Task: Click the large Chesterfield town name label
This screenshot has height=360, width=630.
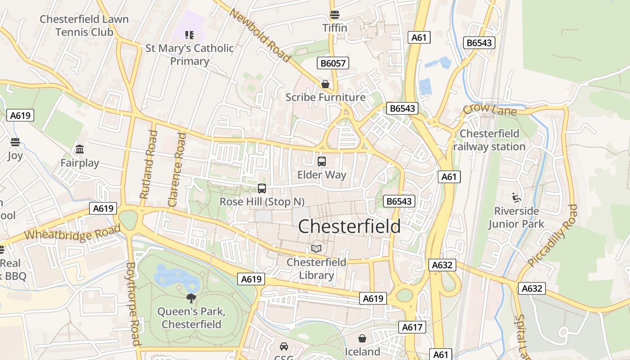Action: click(349, 226)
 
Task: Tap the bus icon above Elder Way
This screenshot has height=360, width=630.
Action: click(322, 162)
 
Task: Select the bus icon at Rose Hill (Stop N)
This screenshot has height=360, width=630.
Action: click(262, 189)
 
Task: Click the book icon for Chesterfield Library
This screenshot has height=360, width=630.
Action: click(316, 248)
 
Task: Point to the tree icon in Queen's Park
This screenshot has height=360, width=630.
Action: click(191, 298)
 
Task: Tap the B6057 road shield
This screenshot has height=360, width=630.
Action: click(333, 63)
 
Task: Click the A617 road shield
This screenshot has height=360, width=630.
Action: click(412, 327)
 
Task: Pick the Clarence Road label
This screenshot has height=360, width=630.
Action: click(177, 170)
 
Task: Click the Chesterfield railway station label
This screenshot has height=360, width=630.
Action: click(489, 140)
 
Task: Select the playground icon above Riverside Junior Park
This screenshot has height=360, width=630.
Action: click(517, 197)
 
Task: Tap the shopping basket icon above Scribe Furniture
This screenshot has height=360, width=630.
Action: click(325, 84)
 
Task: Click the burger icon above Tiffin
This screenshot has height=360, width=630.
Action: click(334, 15)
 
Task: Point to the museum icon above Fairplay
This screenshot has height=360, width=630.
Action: click(80, 149)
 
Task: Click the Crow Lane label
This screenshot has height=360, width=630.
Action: click(490, 109)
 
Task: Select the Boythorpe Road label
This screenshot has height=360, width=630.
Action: click(132, 304)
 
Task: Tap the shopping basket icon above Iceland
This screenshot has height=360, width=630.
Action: click(362, 338)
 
